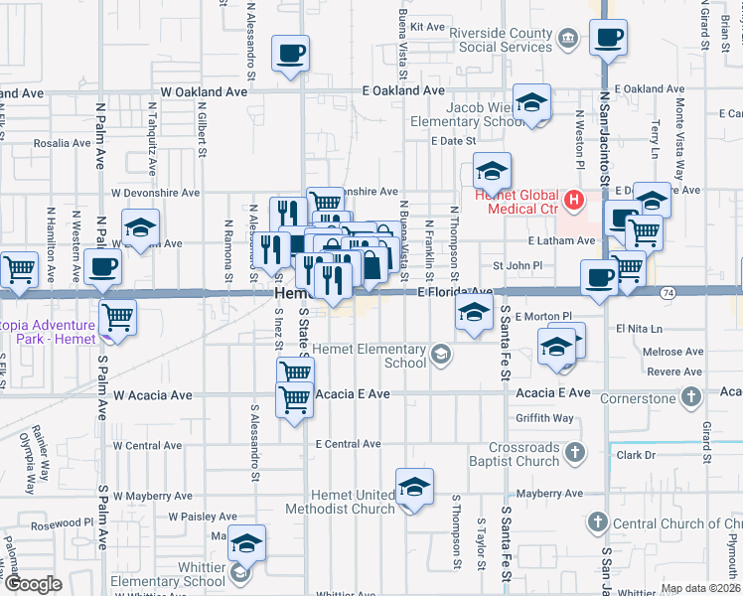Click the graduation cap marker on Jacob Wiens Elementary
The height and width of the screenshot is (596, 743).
pyautogui.click(x=531, y=103)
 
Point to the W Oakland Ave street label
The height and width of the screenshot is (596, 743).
pyautogui.click(x=204, y=91)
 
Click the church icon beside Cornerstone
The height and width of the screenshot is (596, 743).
pyautogui.click(x=691, y=396)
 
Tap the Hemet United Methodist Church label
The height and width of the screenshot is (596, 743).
pyautogui.click(x=341, y=502)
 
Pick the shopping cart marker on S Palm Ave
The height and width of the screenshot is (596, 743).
pyautogui.click(x=117, y=318)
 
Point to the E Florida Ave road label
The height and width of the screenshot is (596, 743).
pyautogui.click(x=454, y=292)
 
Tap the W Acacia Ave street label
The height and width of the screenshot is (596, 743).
pyautogui.click(x=152, y=395)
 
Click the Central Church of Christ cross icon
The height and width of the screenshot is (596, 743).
pyautogui.click(x=597, y=521)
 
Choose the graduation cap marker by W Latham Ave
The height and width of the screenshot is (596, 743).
pyautogui.click(x=140, y=226)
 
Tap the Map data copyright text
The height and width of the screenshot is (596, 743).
pyautogui.click(x=699, y=588)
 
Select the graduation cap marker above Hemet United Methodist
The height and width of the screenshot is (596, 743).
pyautogui.click(x=414, y=487)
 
